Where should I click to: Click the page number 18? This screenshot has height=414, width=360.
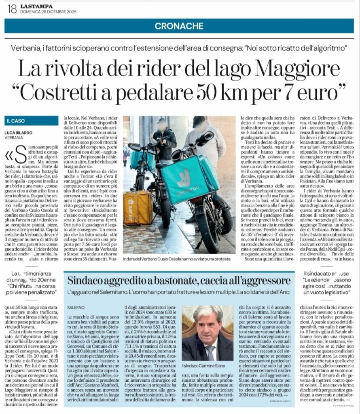tap(12, 8)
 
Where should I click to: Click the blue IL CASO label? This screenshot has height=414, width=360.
tap(16, 120)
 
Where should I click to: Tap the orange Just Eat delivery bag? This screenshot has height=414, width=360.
tap(138, 207)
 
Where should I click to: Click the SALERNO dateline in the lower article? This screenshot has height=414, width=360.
tap(76, 307)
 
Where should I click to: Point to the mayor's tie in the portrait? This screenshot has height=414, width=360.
tap(210, 353)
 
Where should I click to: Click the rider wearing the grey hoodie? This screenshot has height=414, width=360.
tap(204, 137)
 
